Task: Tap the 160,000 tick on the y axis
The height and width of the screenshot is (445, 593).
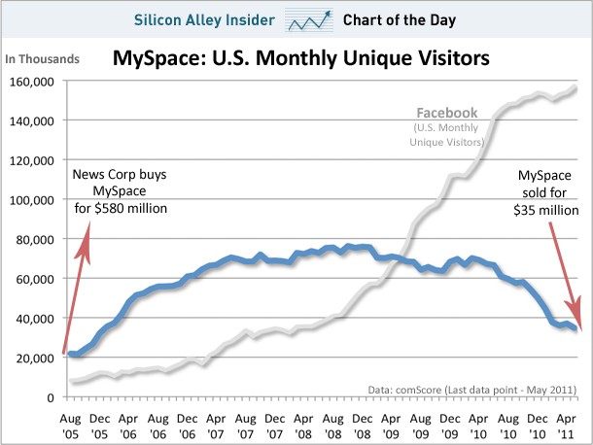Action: (33, 81)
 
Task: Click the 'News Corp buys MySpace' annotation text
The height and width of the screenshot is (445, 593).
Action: (120, 190)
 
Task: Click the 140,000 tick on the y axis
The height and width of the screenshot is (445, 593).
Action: (33, 120)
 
